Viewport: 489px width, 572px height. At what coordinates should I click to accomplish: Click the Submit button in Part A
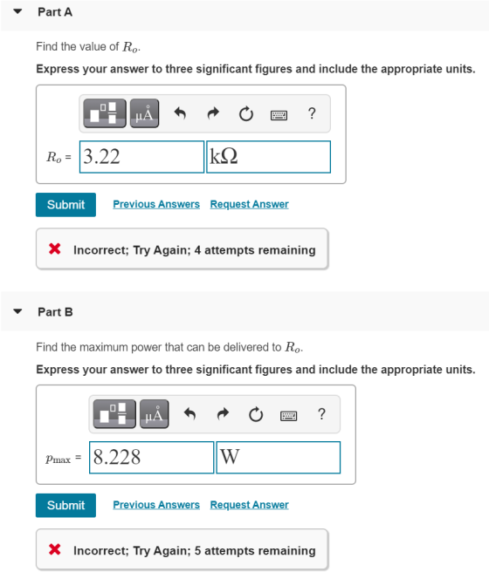pos(65,205)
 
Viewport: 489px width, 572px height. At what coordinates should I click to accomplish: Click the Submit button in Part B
pos(65,505)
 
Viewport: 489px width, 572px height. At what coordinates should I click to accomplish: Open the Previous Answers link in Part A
pos(156,204)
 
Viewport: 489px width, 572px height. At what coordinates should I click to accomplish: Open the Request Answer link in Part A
pos(250,204)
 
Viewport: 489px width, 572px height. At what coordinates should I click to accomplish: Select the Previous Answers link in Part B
pos(156,505)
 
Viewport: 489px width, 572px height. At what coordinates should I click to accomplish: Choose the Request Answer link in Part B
pos(250,505)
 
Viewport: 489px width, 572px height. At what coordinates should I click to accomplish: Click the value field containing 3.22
pos(141,157)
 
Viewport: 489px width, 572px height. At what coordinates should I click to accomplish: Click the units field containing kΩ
pos(268,157)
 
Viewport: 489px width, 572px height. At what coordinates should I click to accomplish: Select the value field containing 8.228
pos(152,458)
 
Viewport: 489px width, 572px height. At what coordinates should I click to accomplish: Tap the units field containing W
pos(279,458)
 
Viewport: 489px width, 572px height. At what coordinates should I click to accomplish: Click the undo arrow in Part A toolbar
pos(180,113)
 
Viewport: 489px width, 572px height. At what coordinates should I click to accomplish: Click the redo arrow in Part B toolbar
pos(223,414)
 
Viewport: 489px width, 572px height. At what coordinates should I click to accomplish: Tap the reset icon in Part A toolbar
pos(245,114)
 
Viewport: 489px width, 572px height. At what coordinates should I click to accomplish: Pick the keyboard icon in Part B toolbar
pos(288,416)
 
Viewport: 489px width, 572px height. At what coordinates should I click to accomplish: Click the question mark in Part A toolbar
pos(312,113)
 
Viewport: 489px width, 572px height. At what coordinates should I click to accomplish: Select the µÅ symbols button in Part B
pos(154,413)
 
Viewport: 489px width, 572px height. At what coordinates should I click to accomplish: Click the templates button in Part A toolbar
pos(105,113)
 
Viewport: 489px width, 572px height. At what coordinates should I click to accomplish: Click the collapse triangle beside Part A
pos(17,11)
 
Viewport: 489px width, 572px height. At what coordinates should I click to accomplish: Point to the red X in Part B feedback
pos(55,549)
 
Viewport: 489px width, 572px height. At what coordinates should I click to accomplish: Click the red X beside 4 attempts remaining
pos(55,249)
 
